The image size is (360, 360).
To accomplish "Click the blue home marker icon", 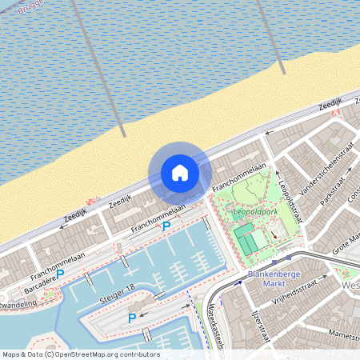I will [x=180, y=173].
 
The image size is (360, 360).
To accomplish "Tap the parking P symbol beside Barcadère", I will [x=60, y=274].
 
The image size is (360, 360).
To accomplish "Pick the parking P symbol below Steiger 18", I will [x=132, y=318].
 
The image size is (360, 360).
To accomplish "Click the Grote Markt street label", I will [x=346, y=245].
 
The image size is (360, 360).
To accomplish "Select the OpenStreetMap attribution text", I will [x=80, y=354].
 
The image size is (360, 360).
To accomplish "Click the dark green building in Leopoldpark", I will [x=248, y=238].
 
